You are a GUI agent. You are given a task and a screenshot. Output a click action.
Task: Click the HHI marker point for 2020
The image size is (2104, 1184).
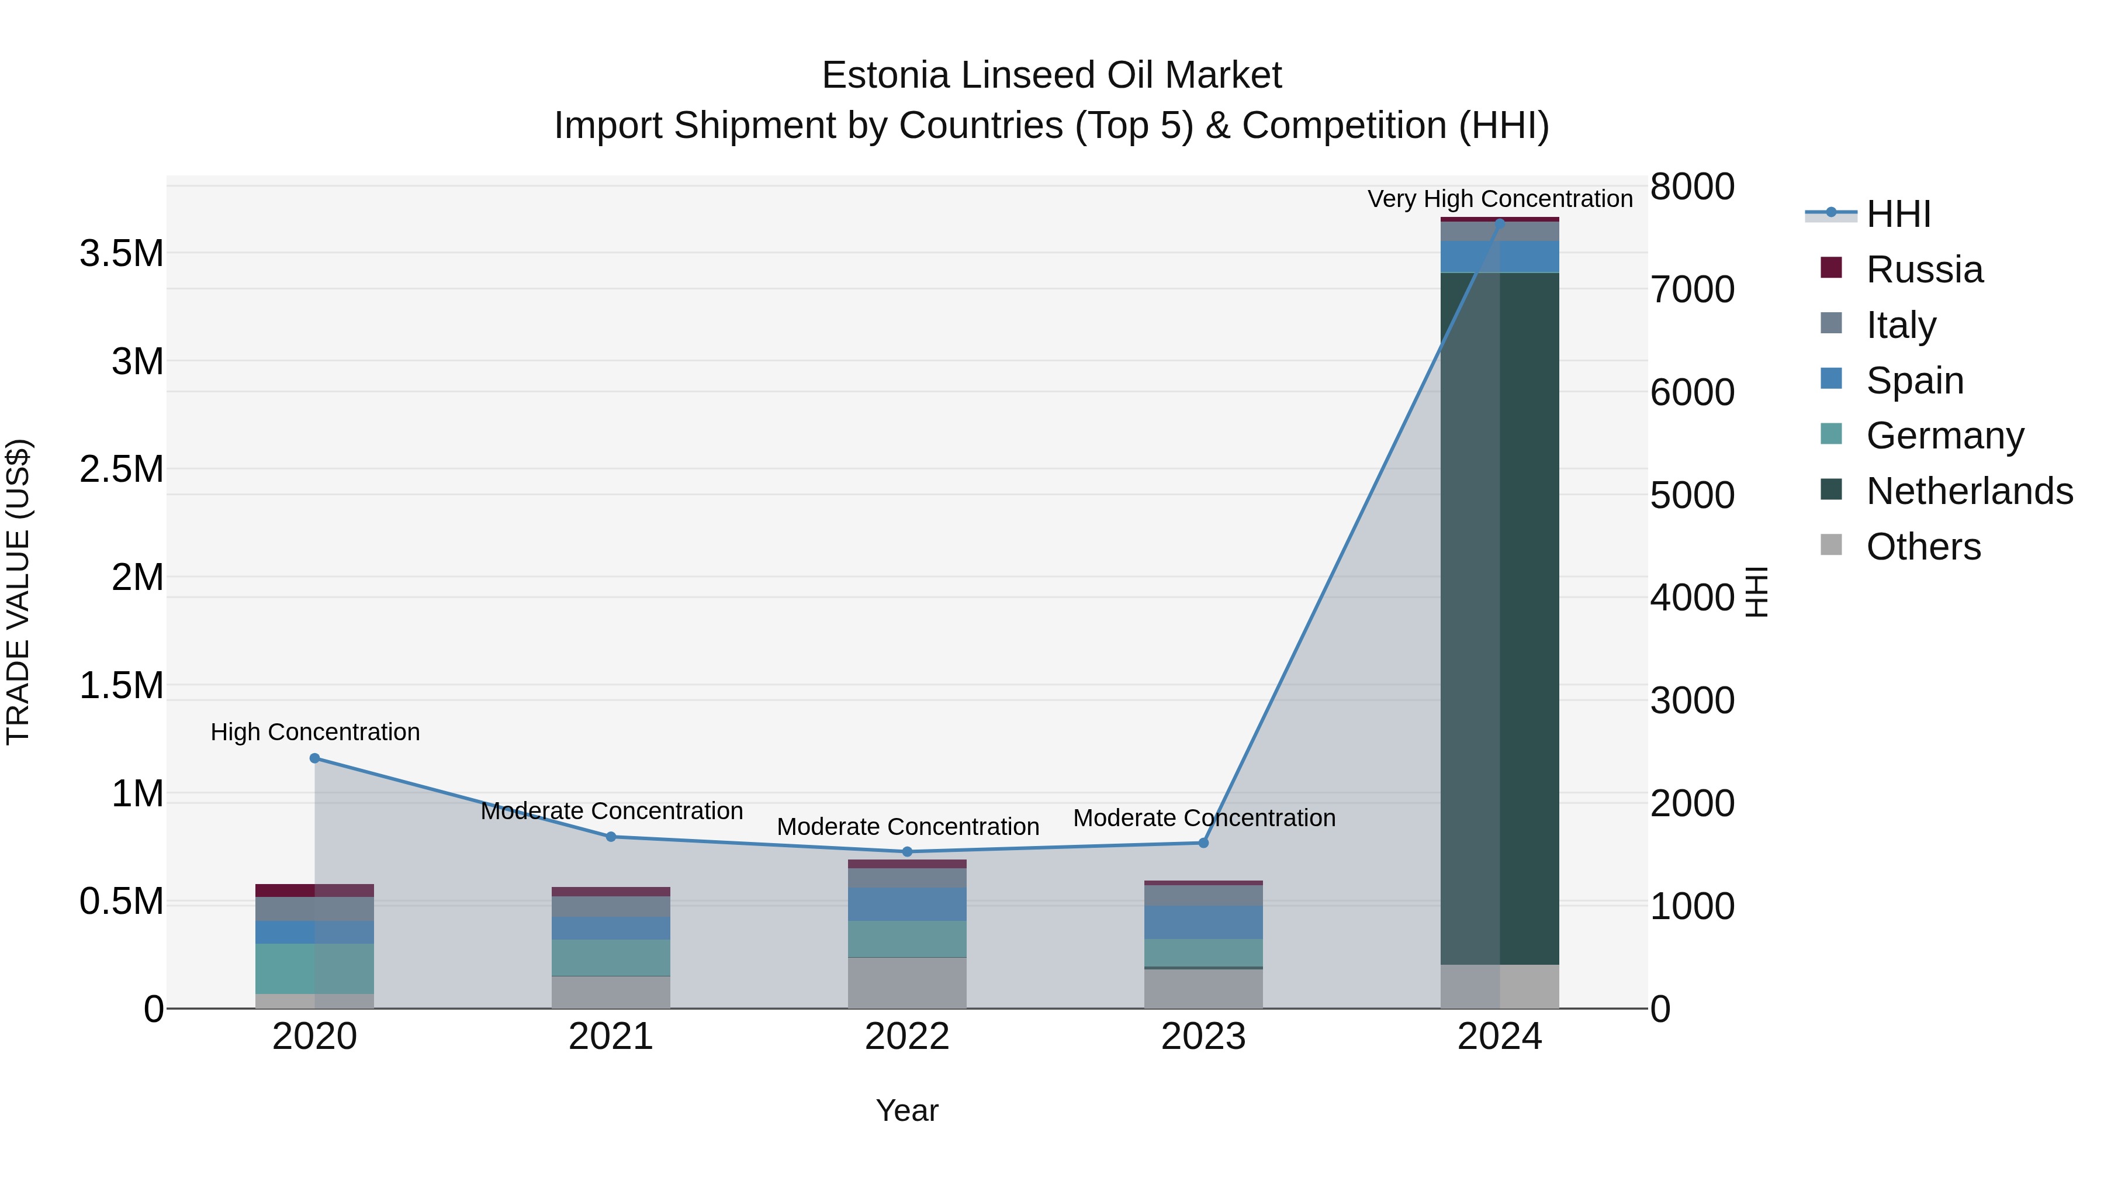[x=314, y=758]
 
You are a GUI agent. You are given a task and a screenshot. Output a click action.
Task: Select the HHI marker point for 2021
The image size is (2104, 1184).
[x=611, y=837]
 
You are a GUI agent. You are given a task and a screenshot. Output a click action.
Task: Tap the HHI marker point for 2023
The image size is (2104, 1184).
[x=1203, y=843]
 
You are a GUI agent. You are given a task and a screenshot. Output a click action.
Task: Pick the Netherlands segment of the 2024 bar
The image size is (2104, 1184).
[x=1500, y=618]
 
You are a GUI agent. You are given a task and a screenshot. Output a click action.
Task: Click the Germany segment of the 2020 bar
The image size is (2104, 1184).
[x=314, y=968]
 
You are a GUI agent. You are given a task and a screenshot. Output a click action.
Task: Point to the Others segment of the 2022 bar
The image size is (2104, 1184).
[x=906, y=982]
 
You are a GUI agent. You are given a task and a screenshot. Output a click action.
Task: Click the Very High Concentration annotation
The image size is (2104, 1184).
[x=1500, y=199]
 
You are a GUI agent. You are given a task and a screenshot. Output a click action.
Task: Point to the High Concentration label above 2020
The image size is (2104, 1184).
[x=315, y=732]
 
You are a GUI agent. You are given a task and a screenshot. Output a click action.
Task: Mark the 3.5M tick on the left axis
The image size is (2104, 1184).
[x=121, y=253]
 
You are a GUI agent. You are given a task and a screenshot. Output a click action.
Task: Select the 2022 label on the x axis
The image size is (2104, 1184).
[x=906, y=1037]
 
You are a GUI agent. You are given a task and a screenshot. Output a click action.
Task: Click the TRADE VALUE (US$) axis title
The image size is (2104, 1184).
[x=18, y=592]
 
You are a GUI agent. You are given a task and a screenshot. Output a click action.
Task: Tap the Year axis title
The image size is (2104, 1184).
[x=906, y=1110]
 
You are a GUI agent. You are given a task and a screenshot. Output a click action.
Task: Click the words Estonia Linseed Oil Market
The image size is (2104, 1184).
[x=1051, y=75]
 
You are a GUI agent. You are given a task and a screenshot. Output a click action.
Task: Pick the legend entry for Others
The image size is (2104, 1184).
[x=1923, y=547]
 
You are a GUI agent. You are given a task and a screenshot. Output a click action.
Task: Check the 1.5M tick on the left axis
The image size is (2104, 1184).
[x=121, y=686]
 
